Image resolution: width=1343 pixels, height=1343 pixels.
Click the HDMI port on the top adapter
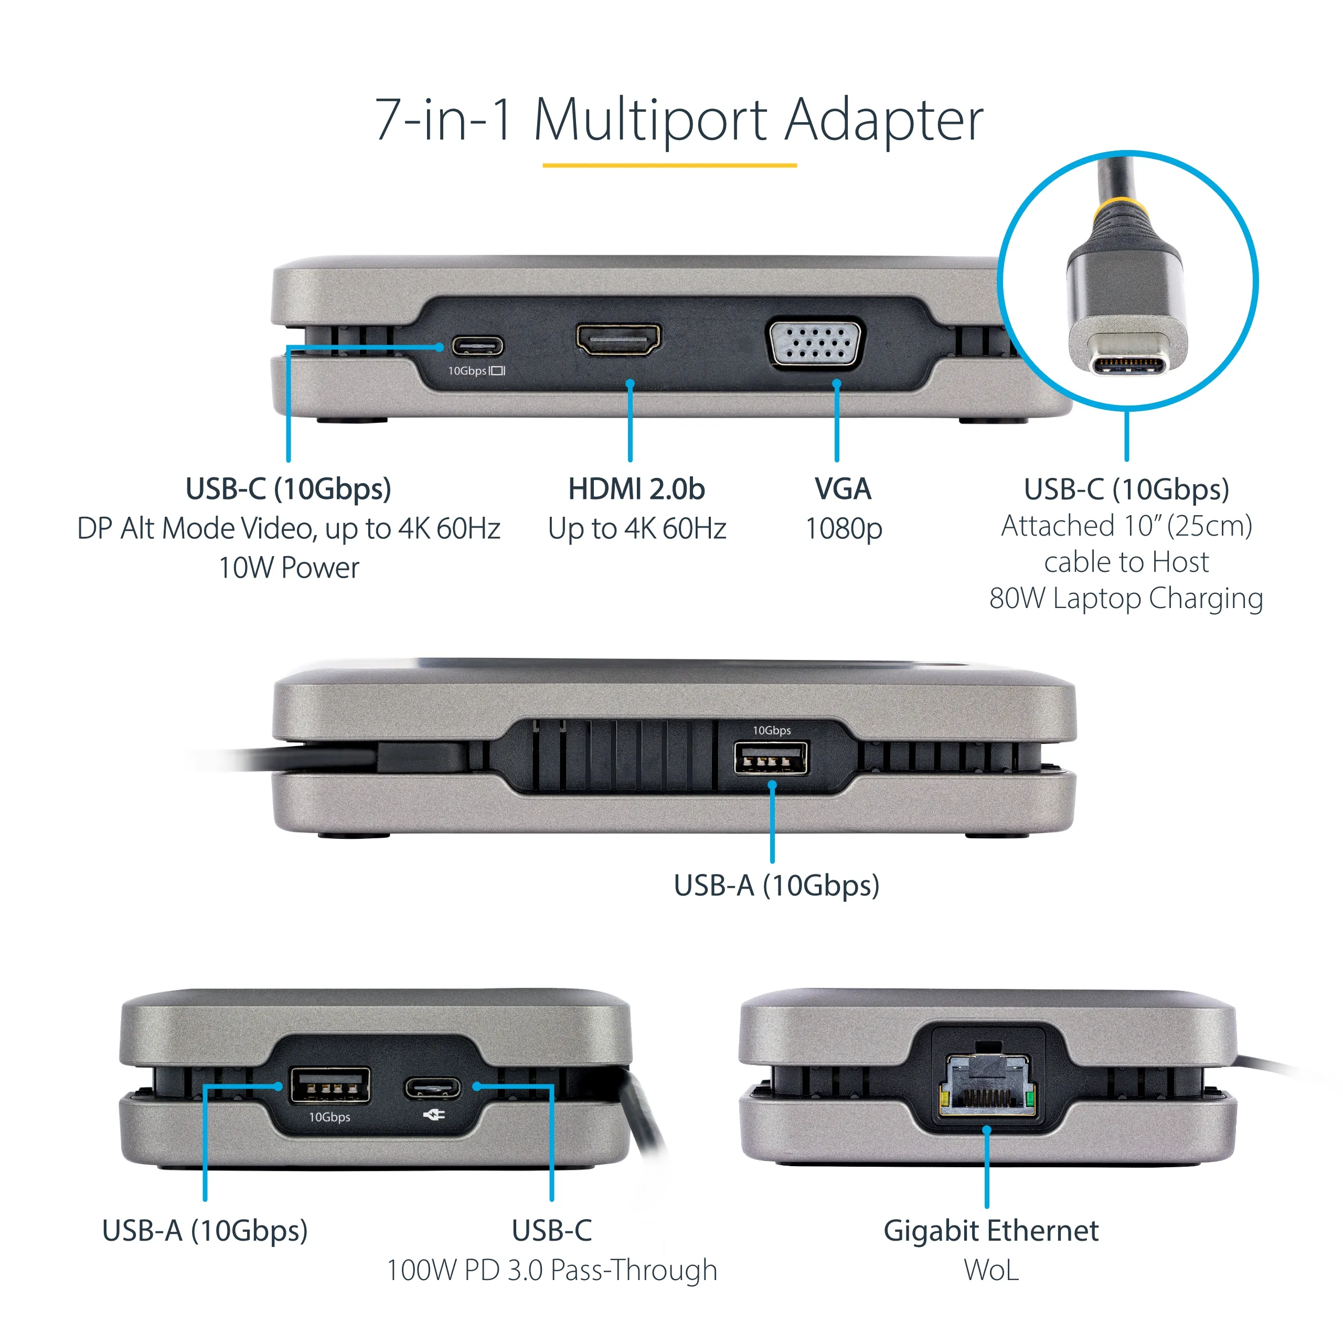(618, 339)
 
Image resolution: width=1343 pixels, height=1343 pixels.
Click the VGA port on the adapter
(814, 343)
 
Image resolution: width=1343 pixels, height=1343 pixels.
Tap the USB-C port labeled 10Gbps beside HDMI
(477, 346)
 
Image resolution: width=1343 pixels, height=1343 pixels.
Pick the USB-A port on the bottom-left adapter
(329, 1086)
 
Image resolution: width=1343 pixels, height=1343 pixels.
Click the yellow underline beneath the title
(669, 165)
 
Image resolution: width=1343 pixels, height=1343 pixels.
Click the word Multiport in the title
(651, 120)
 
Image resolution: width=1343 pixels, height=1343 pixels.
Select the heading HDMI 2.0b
(636, 489)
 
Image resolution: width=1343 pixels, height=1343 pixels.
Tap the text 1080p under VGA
(843, 528)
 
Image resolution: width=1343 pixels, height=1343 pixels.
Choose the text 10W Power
(289, 568)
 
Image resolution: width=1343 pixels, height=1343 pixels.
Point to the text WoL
(990, 1270)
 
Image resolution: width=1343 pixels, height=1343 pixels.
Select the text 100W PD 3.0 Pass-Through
(551, 1270)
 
